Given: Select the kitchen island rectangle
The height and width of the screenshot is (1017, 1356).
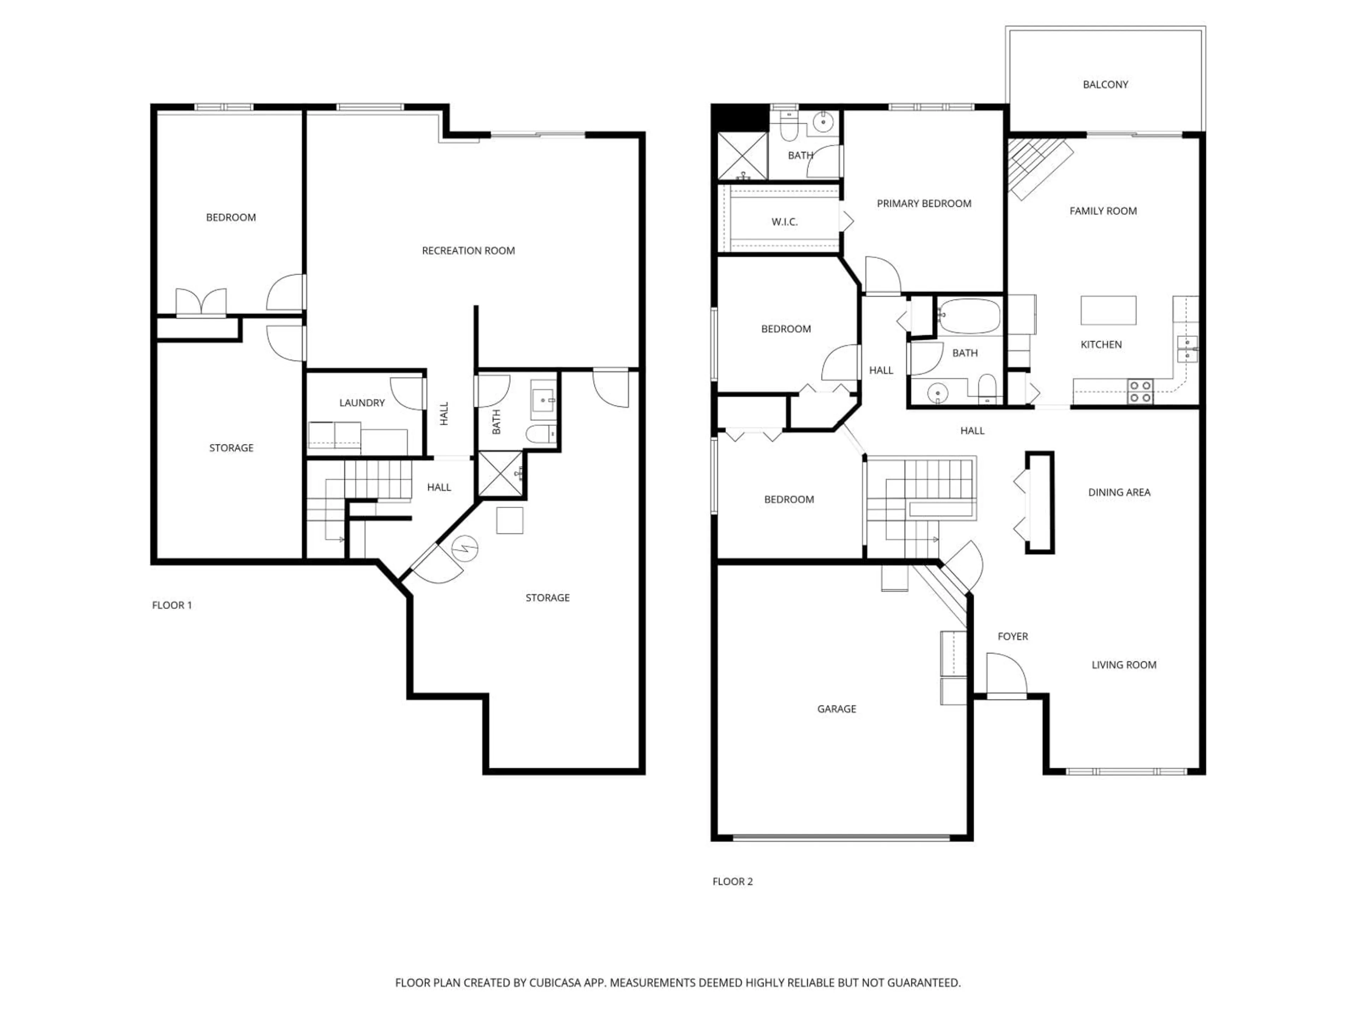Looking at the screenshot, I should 1108,310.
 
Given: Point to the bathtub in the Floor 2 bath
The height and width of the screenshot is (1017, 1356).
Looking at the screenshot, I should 969,316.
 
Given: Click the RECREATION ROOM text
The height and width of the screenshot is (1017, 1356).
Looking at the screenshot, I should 468,251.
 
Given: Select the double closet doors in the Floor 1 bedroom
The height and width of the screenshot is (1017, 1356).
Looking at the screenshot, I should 201,303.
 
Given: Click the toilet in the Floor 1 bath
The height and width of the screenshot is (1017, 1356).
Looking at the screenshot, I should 541,433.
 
